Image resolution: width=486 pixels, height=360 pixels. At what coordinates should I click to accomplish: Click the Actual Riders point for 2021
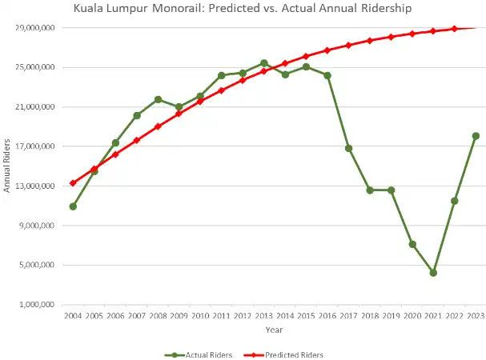(433, 273)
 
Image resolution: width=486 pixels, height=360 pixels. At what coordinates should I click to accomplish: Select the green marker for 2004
(73, 206)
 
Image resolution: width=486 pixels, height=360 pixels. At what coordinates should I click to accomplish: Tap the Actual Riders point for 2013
(263, 63)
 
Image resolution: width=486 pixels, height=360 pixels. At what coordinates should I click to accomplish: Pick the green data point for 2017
(348, 148)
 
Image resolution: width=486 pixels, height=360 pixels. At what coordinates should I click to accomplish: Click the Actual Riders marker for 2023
(476, 136)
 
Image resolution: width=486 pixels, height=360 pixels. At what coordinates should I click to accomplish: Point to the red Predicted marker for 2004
(73, 183)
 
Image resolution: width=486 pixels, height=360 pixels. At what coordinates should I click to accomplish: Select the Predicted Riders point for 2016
(327, 50)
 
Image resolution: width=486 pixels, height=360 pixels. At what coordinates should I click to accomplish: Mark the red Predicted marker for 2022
(455, 29)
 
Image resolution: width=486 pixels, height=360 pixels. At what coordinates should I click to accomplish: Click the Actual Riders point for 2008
(158, 99)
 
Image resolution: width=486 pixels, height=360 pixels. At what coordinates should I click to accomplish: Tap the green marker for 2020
(412, 244)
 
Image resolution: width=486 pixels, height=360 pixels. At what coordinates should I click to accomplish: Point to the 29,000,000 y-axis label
(35, 28)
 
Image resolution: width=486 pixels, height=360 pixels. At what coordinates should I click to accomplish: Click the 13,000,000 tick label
(35, 186)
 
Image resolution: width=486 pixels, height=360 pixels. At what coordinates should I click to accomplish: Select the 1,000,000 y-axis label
(37, 305)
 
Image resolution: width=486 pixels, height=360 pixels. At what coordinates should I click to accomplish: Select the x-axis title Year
(274, 330)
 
